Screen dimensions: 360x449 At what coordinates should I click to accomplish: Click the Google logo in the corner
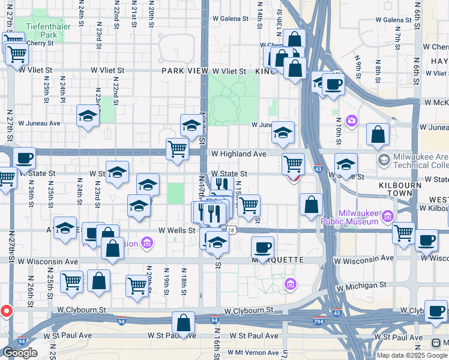[19, 353]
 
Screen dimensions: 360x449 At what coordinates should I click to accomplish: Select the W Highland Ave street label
[238, 154]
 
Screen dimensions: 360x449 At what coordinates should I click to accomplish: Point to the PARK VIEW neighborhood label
[185, 71]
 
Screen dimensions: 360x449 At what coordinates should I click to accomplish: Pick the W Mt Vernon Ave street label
[246, 353]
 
